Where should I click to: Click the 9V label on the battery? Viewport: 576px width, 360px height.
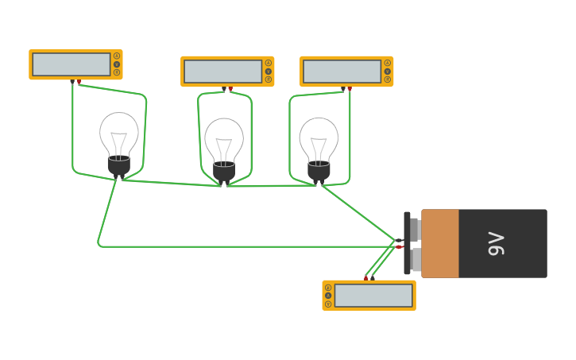point(497,243)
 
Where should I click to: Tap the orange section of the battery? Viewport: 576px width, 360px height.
point(440,243)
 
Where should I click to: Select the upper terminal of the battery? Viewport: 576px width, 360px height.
point(414,230)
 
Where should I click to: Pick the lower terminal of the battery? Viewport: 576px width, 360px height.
point(416,260)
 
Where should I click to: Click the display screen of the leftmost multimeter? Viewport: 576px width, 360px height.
point(72,64)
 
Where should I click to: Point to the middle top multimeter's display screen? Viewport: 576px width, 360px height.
point(222,72)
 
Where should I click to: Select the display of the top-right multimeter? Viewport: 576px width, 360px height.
point(342,72)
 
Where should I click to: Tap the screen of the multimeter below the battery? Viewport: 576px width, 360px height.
point(373,296)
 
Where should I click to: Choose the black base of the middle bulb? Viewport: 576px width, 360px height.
point(224,172)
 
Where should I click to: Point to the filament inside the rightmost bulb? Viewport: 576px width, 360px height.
point(319,148)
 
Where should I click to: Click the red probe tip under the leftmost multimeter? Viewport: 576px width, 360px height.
point(79,82)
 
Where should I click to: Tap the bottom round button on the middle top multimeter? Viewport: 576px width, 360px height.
point(269,79)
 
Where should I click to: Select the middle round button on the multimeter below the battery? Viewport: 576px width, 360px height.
point(328,296)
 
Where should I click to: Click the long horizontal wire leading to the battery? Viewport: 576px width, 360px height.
point(238,246)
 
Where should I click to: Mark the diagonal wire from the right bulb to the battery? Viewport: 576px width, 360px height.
point(358,212)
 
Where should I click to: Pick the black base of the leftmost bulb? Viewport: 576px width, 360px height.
point(118,165)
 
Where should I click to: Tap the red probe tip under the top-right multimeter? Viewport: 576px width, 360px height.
point(350,89)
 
